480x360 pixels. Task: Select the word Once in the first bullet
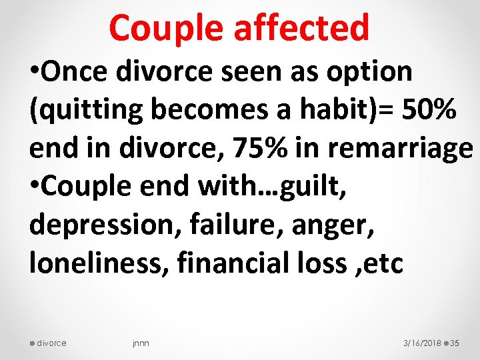coord(79,71)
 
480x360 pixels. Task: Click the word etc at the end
coord(385,263)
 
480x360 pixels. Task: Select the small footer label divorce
coord(51,343)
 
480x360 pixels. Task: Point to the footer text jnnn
coord(141,343)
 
